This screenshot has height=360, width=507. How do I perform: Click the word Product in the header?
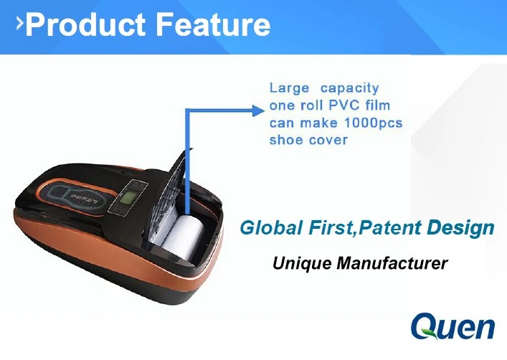[85, 25]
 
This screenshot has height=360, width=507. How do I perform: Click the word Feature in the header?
[213, 24]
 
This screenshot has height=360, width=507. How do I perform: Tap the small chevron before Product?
[20, 24]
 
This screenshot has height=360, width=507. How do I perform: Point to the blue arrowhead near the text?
[258, 110]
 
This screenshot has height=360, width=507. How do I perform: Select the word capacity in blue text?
[349, 88]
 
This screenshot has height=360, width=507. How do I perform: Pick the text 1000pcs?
[373, 123]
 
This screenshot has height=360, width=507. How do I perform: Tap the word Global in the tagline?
[272, 227]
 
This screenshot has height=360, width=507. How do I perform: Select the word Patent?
[389, 227]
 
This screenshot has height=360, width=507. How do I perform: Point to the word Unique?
[302, 263]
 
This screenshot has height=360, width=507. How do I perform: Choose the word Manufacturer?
[392, 263]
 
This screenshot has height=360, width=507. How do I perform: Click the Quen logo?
[452, 326]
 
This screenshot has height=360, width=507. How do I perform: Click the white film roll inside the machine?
[183, 235]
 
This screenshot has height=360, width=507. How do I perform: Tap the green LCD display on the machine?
[126, 197]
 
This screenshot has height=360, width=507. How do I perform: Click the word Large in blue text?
[290, 88]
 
